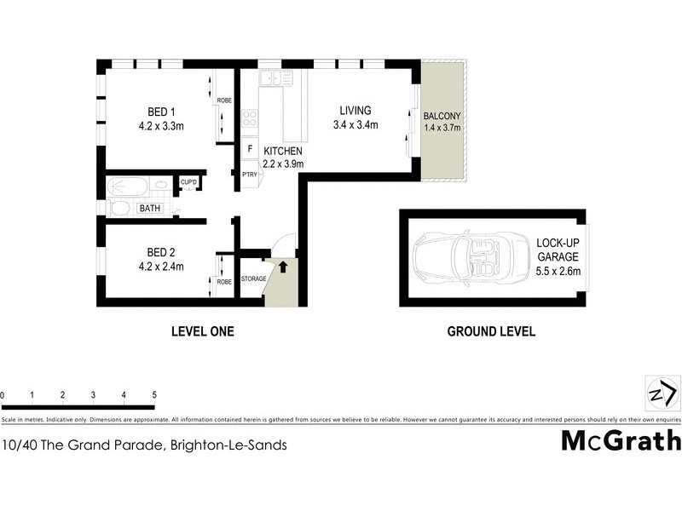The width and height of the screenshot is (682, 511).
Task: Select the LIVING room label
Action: coord(355,111)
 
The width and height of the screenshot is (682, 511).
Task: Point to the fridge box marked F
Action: coord(250,148)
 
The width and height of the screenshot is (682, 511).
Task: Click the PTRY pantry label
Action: coord(249,175)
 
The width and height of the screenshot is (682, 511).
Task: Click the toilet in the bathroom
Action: coord(119,208)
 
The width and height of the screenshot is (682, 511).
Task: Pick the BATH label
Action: coord(150,208)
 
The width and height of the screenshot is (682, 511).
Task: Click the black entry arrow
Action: coord(283,267)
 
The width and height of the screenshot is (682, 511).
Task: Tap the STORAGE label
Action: coord(254,278)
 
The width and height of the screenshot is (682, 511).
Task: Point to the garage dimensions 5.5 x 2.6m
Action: coord(558,272)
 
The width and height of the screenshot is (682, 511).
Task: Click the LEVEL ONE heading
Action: coord(202,331)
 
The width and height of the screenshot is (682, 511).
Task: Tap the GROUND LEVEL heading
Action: coord(491,331)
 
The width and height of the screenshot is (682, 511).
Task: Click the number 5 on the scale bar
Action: coord(154,395)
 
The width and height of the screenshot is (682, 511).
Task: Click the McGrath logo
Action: coord(621,440)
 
